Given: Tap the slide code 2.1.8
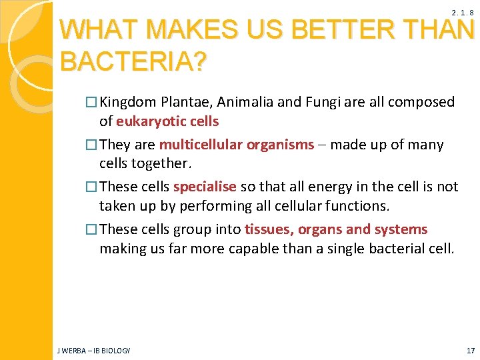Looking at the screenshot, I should [462, 13].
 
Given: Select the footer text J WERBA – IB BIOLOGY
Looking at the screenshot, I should [94, 350].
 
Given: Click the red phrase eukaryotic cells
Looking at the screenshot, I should [167, 121].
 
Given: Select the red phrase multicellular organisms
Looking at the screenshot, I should [237, 145].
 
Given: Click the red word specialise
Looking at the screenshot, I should [205, 187].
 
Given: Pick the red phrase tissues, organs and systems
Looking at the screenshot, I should [336, 229].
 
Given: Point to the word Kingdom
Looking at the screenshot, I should [130, 103].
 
